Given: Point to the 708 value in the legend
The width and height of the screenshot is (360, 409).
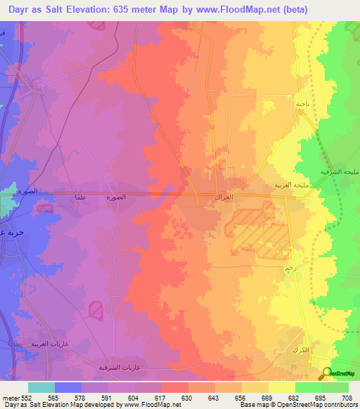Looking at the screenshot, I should tap(347, 397).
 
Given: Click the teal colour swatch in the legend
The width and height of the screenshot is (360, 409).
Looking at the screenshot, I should tap(41, 387).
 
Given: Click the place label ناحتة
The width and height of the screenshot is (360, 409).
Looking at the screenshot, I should tap(302, 103).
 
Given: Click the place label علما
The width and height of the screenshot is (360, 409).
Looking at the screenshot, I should tap(81, 197).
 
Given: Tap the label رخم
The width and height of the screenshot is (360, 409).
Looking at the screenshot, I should tap(290, 268).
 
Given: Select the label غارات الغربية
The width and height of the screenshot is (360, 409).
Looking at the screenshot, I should tap(47, 344).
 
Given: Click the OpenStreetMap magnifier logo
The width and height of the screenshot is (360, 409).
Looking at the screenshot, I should tap(327, 373).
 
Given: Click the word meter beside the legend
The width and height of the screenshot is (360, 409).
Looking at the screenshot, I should tap(9, 397).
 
